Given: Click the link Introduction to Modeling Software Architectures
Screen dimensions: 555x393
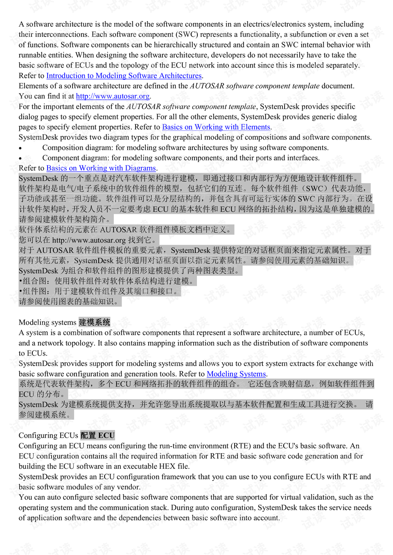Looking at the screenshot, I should click(124, 76).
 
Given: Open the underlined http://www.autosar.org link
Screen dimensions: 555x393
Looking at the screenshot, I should click(113, 96).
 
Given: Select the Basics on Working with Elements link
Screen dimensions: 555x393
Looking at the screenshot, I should click(216, 127).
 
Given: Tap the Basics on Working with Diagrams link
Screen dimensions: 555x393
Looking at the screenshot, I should click(101, 168).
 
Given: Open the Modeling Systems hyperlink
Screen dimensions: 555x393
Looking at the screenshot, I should click(236, 374).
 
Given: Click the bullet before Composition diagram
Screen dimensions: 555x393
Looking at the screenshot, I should click(20, 148).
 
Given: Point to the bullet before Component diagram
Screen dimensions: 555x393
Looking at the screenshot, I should click(20, 159).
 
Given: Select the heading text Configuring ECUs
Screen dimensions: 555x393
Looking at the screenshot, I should click(48, 436).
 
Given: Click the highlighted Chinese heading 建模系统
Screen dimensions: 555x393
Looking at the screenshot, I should click(94, 322).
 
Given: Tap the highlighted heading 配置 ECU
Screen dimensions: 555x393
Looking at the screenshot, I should click(97, 436).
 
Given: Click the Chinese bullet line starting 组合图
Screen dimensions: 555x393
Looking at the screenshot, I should click(108, 281).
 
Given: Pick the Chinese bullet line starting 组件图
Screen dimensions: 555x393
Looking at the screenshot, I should click(99, 291).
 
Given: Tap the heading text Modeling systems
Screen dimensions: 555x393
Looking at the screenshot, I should click(47, 322).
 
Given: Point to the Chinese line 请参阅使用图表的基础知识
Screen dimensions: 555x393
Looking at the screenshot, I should click(70, 301).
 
